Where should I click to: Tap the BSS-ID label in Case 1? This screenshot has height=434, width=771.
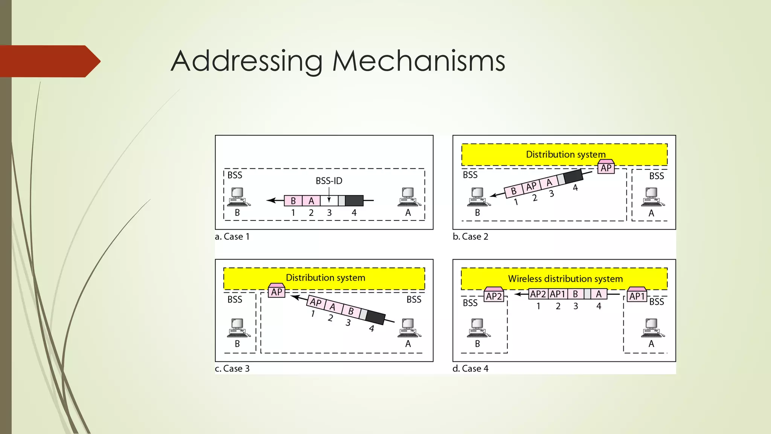329,181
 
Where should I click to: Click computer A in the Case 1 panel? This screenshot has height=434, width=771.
408,197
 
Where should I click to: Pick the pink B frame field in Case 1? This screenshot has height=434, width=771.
293,201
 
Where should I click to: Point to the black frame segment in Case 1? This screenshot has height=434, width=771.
354,201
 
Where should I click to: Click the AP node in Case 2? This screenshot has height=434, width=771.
606,167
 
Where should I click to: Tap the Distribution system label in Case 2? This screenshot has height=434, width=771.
565,154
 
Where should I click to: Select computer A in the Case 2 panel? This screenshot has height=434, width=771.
652,197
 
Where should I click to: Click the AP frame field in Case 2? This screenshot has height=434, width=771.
531,186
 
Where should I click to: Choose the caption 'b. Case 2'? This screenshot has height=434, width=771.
470,237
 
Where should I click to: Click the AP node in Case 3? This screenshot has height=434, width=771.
277,291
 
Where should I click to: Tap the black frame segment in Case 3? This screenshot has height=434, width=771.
376,318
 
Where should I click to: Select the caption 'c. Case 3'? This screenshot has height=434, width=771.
232,368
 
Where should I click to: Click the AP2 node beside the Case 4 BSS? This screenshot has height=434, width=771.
494,296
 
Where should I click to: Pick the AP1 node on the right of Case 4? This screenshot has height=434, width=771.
637,296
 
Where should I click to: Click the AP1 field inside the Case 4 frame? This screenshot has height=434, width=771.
558,294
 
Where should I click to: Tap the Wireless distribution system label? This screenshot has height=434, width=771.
565,279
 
